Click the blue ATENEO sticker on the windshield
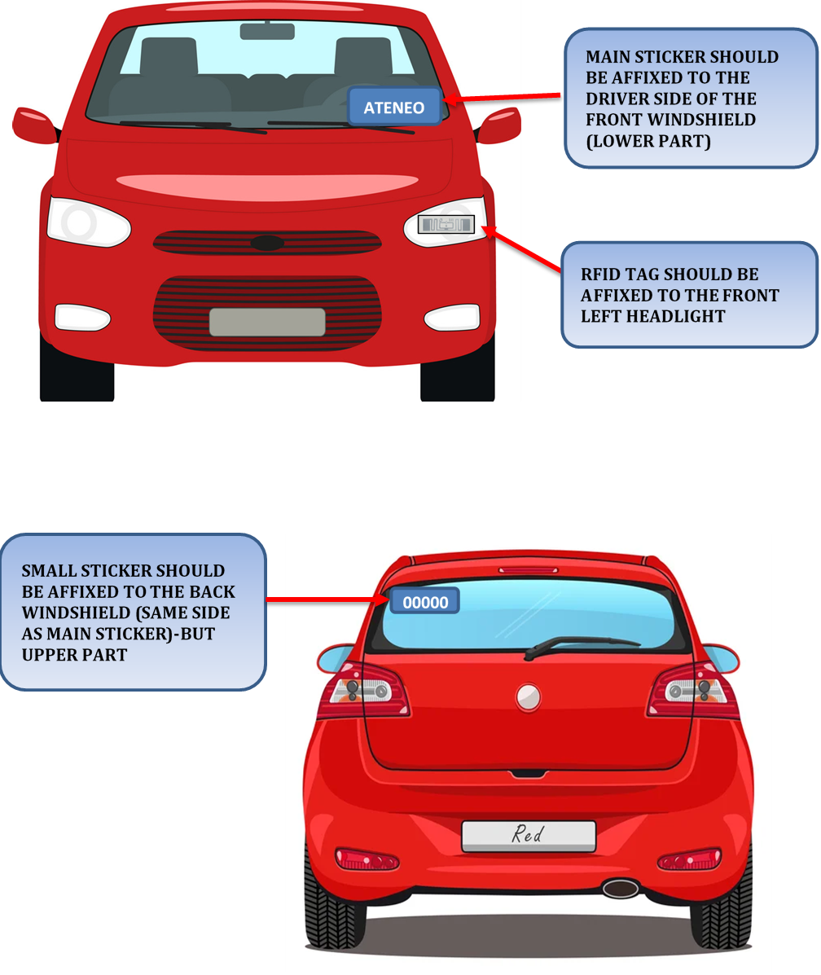(394, 107)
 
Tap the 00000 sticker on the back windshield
(425, 601)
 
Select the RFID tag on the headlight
(446, 225)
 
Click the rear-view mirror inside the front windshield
(267, 30)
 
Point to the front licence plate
(267, 322)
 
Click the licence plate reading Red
(529, 836)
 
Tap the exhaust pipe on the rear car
(621, 888)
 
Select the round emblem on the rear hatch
(528, 697)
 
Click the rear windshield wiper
(581, 645)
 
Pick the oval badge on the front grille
(267, 243)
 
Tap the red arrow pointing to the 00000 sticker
(327, 599)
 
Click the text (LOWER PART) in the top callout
(648, 141)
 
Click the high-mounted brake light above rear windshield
(528, 569)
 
